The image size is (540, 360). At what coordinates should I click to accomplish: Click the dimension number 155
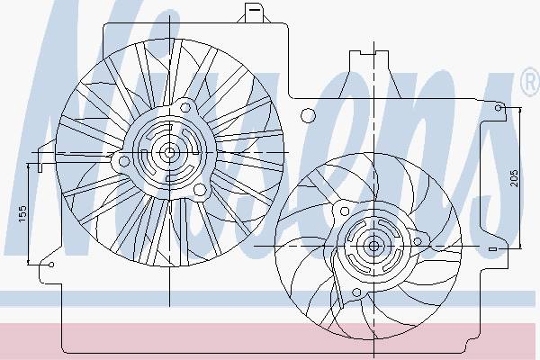coord(22,213)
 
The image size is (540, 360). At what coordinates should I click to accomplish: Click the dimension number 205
coord(514,178)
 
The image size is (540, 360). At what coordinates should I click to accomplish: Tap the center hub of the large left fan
coord(169,152)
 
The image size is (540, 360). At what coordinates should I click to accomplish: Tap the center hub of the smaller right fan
coord(373,246)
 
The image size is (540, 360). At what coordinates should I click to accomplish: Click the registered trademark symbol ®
coord(531,82)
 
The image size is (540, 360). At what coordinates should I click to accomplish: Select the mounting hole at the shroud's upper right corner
coord(498,108)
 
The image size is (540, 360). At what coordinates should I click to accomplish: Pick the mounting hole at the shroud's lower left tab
coord(51,265)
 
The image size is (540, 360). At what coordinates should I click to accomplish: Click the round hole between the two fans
coord(308,116)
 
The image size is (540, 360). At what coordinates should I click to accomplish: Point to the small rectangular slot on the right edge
coord(493,248)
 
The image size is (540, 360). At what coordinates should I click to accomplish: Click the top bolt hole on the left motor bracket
coord(185,107)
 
